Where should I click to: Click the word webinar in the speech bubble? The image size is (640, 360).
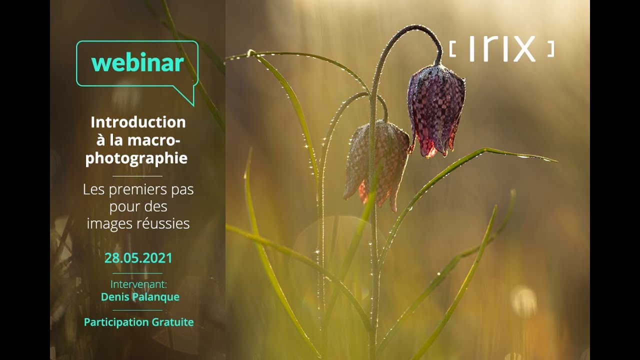137,62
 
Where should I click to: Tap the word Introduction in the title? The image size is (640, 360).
138,122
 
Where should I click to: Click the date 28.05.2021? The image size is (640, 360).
138,258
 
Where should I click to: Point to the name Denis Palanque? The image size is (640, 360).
140,297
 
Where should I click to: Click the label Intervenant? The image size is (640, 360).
138,284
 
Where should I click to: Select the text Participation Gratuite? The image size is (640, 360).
138,322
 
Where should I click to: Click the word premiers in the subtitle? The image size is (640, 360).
137,190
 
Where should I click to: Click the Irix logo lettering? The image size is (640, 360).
502,49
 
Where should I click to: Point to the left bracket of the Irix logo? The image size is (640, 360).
452,49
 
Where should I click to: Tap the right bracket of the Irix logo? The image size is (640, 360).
551,49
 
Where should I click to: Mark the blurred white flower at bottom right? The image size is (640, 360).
524,301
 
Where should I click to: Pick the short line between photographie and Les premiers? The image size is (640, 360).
137,176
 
